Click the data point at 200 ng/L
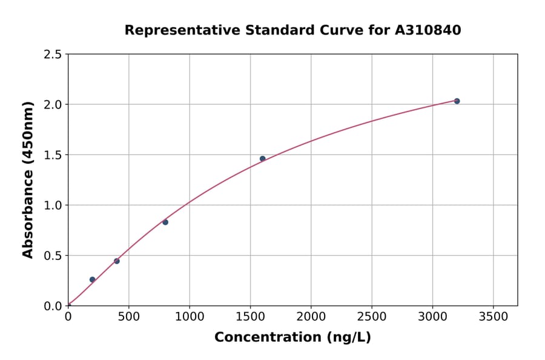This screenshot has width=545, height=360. [92, 279]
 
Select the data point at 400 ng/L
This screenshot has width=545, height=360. [117, 261]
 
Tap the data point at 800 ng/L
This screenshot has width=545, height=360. [165, 222]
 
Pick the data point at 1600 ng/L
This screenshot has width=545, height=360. [262, 159]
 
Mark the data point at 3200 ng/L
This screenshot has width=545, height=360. [457, 101]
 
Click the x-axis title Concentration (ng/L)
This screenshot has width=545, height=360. [292, 338]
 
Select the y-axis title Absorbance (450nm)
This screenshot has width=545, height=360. [28, 180]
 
